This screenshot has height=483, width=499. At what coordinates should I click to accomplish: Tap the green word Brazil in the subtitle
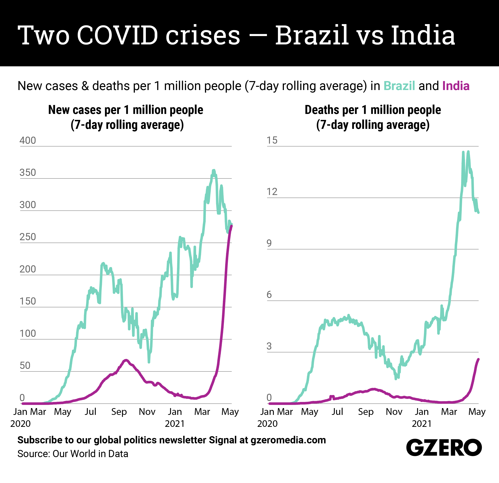[x=399, y=86]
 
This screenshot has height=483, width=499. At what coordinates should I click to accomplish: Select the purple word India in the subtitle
[x=456, y=86]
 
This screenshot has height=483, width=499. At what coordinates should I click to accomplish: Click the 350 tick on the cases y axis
[x=28, y=173]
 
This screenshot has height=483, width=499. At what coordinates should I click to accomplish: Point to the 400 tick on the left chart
[x=28, y=140]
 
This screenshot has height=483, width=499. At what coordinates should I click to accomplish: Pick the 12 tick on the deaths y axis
[x=272, y=192]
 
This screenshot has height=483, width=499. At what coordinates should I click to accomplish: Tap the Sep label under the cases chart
[x=119, y=411]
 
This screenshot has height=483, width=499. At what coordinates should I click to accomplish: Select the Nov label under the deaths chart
[x=394, y=411]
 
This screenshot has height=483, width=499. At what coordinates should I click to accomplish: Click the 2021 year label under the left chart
[x=175, y=423]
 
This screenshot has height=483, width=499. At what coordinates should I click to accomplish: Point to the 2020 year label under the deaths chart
[x=267, y=423]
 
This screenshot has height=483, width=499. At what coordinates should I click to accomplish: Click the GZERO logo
[x=444, y=447]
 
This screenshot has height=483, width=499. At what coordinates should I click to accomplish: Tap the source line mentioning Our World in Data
[x=73, y=454]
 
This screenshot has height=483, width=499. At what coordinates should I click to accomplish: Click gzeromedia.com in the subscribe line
[x=288, y=440]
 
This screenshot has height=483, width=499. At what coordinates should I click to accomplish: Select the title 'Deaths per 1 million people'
[x=373, y=110]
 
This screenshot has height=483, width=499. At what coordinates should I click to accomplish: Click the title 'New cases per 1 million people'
[x=125, y=110]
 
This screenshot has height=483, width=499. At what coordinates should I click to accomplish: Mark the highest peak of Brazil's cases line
[x=214, y=170]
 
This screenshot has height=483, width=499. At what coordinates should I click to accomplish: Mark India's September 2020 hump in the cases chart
[x=125, y=360]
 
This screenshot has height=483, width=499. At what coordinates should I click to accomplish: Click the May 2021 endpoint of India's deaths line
[x=478, y=359]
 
